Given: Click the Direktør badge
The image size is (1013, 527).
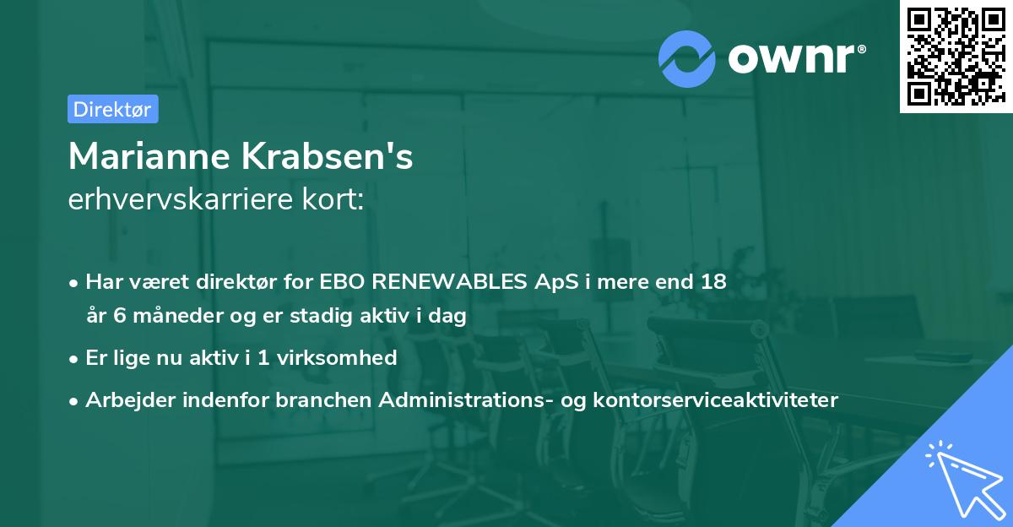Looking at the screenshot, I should click(x=112, y=109).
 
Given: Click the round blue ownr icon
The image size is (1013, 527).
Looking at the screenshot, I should click(x=687, y=58).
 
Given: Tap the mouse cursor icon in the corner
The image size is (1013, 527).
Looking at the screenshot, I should click(x=962, y=476).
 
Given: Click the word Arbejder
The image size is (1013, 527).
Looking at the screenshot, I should click(x=124, y=400).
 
